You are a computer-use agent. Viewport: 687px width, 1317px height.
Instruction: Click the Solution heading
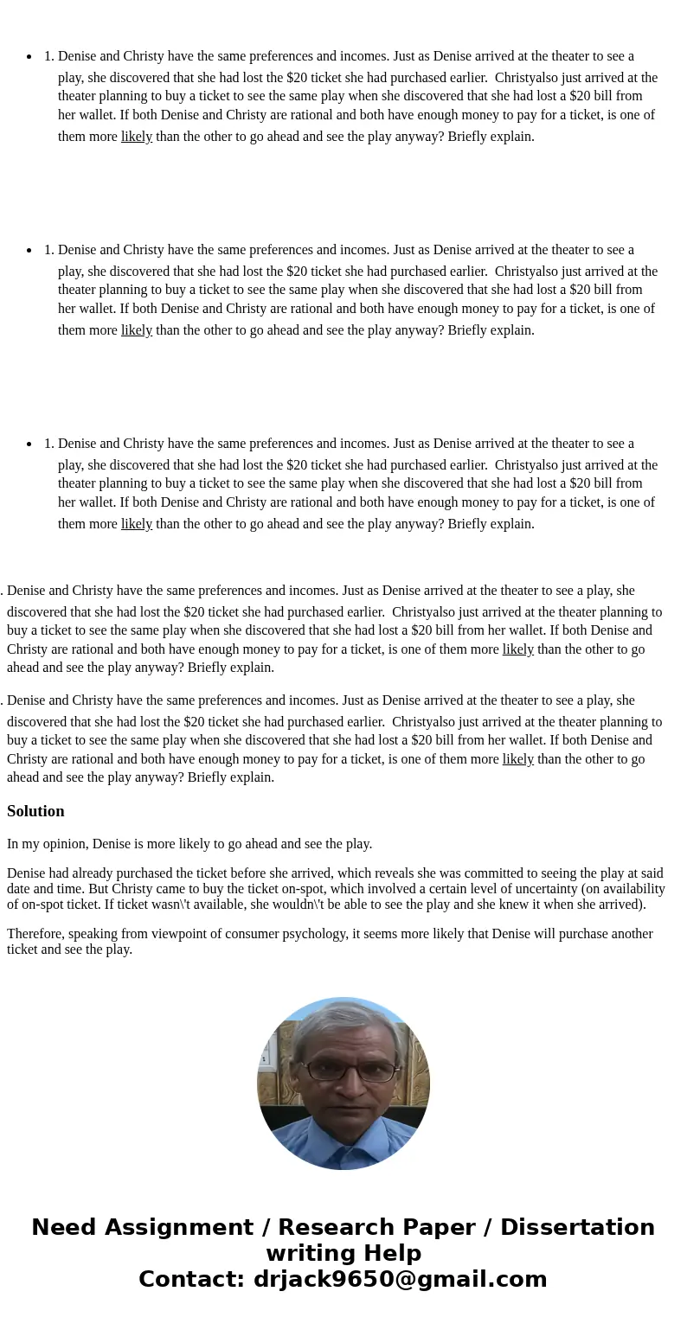35,811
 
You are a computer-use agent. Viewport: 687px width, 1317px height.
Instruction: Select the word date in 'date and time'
19,889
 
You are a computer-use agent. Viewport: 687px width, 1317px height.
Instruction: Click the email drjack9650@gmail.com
400,1280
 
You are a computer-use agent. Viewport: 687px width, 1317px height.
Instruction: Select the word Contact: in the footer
192,1280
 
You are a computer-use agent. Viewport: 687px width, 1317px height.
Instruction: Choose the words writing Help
343,1254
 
